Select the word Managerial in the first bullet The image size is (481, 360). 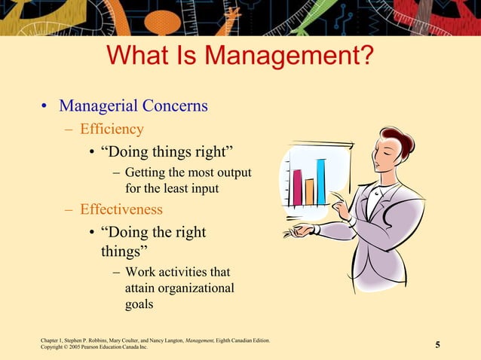pos(99,105)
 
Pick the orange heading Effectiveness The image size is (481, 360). pos(121,209)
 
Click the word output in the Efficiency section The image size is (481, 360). pos(232,172)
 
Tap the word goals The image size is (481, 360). pos(139,304)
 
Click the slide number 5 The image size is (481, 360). pos(437,346)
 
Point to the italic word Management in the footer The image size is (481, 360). pos(200,341)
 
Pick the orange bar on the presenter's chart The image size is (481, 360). pos(309,191)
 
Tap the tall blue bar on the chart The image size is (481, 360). pos(321,182)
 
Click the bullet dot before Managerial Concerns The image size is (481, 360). pos(44,106)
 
